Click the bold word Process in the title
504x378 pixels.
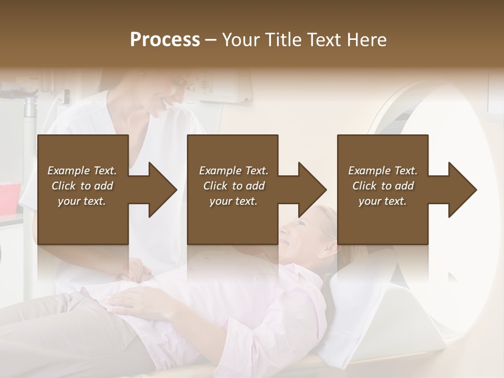[165, 40]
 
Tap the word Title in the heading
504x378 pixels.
[283, 40]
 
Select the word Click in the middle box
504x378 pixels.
[215, 186]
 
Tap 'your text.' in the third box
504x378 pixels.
[382, 201]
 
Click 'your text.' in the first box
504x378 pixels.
[82, 201]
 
